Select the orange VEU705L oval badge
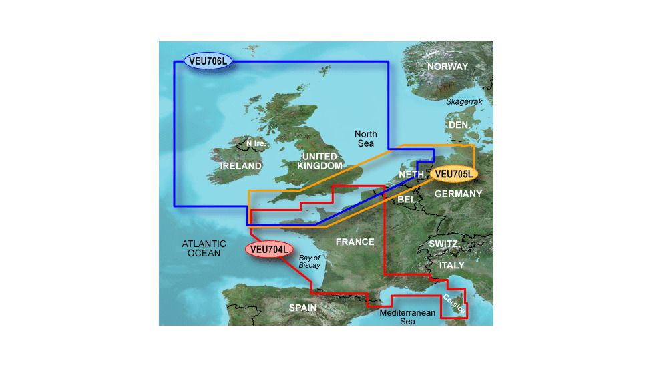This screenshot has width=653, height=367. [453, 175]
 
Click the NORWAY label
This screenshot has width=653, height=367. [447, 67]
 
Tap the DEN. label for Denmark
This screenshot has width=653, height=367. [460, 125]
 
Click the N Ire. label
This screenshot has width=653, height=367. [258, 143]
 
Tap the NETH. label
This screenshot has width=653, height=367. [412, 175]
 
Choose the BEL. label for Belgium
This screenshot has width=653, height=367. [407, 199]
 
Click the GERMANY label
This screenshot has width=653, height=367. [458, 194]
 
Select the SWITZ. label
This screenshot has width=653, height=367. [443, 244]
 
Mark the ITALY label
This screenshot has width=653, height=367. [451, 266]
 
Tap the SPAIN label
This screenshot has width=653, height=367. [302, 308]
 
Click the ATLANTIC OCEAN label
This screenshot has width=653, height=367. [204, 249]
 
